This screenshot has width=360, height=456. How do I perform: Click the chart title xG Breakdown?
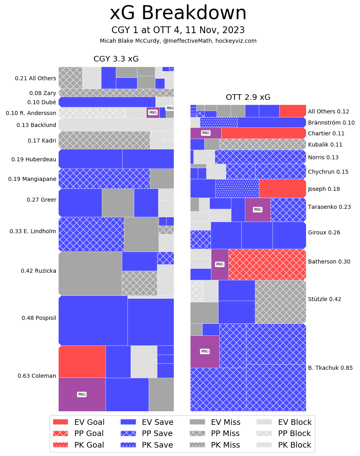(x=178, y=14)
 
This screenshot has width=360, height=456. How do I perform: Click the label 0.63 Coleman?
(x=37, y=376)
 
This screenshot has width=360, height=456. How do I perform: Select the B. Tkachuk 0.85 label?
(x=330, y=368)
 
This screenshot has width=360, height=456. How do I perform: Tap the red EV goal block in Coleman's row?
(x=82, y=361)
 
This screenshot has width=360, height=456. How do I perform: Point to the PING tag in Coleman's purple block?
(x=82, y=395)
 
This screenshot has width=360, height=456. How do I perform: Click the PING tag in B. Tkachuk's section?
(x=205, y=351)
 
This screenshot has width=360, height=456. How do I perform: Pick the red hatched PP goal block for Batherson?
(x=267, y=264)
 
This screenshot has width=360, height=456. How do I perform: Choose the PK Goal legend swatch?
(x=60, y=445)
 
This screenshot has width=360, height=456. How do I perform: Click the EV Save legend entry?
(x=147, y=422)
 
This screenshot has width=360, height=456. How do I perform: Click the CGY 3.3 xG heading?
(x=116, y=59)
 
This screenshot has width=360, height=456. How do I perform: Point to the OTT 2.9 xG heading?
(x=248, y=97)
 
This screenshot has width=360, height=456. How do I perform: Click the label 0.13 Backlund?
(x=36, y=125)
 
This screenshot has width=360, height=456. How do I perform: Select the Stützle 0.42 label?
(x=324, y=299)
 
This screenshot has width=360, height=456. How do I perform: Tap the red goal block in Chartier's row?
(x=264, y=133)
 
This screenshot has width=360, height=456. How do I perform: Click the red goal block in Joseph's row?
(x=282, y=188)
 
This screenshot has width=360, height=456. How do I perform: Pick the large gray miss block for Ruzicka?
(x=90, y=274)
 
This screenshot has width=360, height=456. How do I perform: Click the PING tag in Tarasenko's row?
(x=258, y=210)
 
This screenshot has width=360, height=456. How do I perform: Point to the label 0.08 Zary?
(x=43, y=93)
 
